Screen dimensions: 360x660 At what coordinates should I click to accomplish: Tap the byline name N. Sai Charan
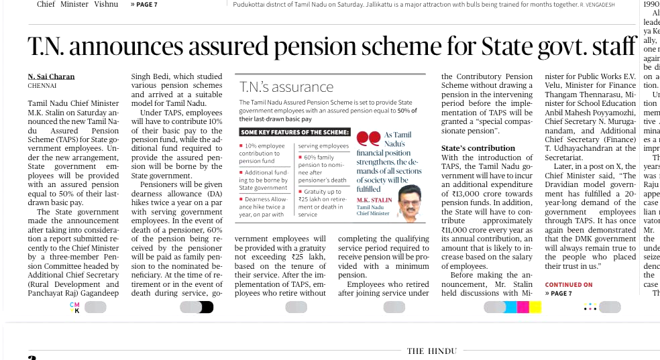(x=52, y=76)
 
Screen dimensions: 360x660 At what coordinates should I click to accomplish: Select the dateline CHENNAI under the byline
(x=42, y=86)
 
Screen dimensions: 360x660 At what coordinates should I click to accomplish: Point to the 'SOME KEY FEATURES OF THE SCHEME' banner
(x=295, y=132)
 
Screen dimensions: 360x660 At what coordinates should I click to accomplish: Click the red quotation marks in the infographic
(x=368, y=139)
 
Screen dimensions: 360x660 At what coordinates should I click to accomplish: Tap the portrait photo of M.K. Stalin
(x=408, y=202)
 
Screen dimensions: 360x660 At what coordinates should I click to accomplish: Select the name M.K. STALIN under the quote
(x=374, y=200)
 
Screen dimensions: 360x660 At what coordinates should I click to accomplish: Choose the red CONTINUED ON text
(x=569, y=284)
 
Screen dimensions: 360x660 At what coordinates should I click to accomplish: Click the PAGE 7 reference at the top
(x=144, y=5)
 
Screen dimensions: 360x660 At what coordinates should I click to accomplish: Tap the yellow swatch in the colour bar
(x=535, y=307)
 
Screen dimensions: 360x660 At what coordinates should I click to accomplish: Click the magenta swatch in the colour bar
(x=522, y=307)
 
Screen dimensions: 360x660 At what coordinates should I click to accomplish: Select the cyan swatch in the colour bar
(x=511, y=307)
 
